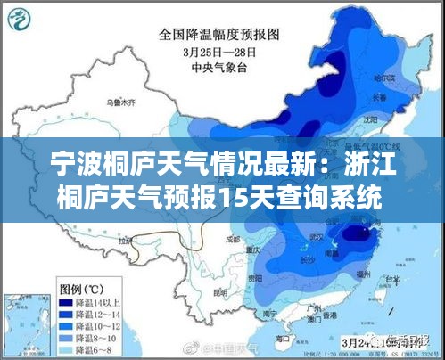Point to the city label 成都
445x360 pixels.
click(233, 239)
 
